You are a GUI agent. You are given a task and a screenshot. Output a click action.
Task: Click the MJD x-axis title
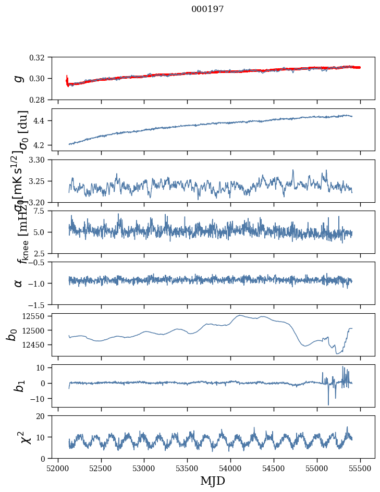pos(213,481)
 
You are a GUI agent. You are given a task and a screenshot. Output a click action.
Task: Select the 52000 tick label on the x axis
pos(58,468)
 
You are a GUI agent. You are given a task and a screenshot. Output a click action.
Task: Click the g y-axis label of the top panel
pos(19,78)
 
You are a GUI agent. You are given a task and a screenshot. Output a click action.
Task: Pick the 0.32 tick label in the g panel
pos(40,57)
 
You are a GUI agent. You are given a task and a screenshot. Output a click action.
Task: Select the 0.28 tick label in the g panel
pos(40,100)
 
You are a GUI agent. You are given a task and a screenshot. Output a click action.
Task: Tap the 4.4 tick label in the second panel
pos(43,121)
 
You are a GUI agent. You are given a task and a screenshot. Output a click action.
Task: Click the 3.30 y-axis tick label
pos(40,159)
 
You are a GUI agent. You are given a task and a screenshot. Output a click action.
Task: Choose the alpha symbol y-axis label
pos(19,283)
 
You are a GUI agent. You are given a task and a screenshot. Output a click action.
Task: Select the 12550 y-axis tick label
pos(36,316)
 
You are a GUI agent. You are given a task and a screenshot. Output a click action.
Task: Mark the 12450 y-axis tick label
pos(36,345)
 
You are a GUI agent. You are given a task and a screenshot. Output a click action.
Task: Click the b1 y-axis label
pos(19,386)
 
